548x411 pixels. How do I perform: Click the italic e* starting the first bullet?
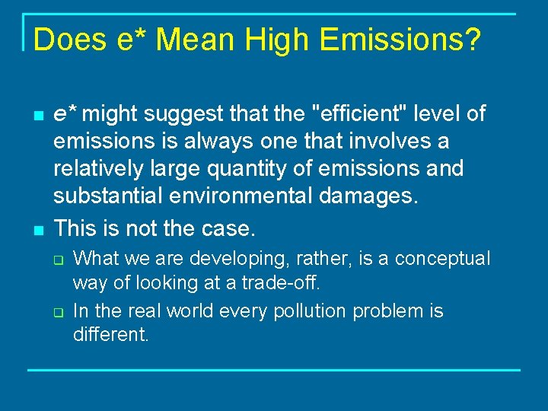64,114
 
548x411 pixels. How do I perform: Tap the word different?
110,334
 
